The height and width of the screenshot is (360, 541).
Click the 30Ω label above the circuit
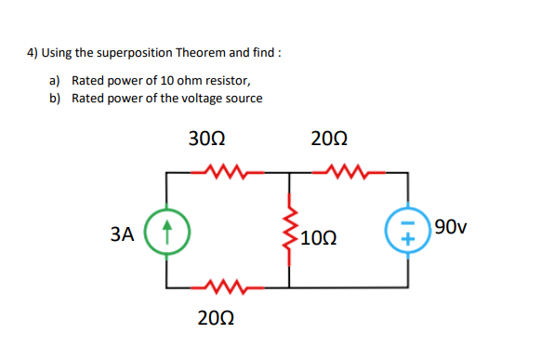(206, 140)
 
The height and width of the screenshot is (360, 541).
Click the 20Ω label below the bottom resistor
(217, 317)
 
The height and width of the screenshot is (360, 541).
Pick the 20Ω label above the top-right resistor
(330, 140)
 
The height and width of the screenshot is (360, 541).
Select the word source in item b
(244, 98)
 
